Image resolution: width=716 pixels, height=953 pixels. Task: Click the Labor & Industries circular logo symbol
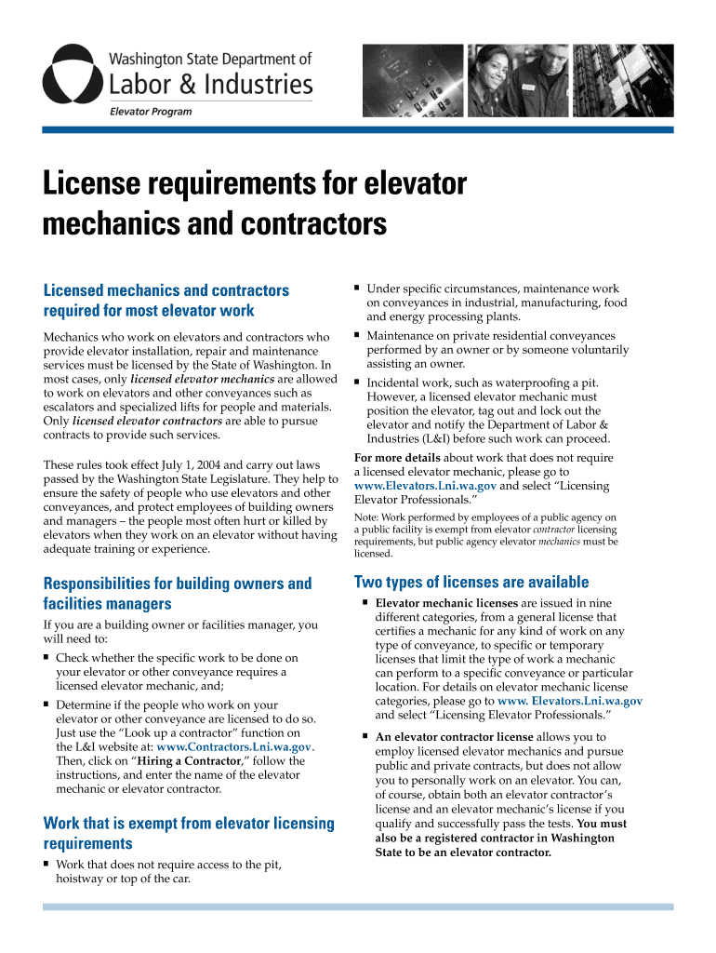(x=72, y=74)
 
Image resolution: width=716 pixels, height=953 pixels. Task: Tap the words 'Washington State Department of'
(x=210, y=59)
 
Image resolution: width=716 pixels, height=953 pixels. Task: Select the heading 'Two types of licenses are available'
(x=471, y=583)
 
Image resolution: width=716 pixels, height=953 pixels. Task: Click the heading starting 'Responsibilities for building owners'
(x=178, y=584)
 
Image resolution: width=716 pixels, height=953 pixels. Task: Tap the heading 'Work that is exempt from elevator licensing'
(x=189, y=823)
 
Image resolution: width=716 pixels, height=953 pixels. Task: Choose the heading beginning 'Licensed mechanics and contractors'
(x=166, y=290)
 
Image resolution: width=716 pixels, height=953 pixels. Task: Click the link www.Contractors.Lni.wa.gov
(x=234, y=746)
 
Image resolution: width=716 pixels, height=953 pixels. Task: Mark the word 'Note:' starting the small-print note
(x=365, y=517)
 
